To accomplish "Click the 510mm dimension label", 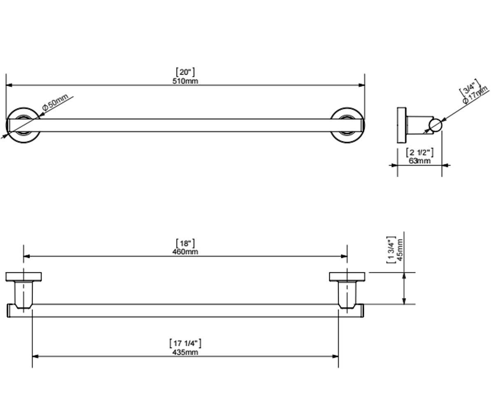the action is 185,81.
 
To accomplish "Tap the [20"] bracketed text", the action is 185,72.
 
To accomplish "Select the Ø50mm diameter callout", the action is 55,102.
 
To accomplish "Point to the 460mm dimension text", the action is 185,251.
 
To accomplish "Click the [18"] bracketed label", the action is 185,243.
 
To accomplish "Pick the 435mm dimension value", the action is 185,352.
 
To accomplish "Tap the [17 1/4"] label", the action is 185,343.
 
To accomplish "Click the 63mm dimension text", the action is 419,161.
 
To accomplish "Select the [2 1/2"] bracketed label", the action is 420,152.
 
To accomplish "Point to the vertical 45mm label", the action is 400,250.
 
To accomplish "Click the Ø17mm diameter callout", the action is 475,95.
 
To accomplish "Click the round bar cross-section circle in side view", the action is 435,125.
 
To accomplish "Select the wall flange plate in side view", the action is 401,125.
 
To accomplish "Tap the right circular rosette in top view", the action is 347,125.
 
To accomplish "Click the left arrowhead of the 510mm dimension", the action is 9,85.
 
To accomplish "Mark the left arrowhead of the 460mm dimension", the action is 26,256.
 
